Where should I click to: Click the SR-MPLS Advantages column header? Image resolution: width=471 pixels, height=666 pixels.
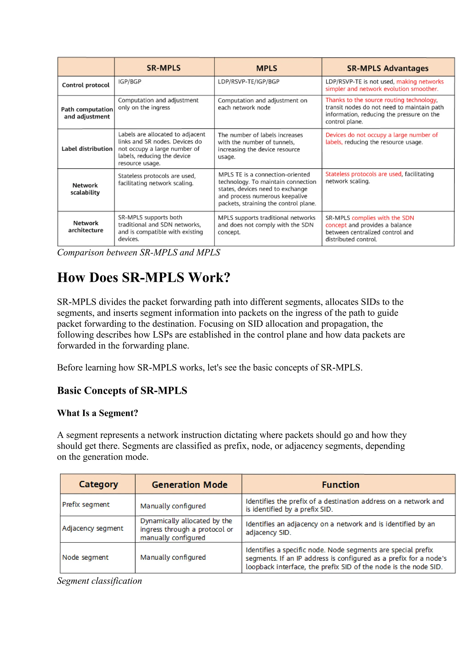(x=388, y=68)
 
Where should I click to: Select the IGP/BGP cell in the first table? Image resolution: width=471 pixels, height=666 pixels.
(x=130, y=82)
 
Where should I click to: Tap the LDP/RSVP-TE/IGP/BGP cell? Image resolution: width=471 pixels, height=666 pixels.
(x=249, y=82)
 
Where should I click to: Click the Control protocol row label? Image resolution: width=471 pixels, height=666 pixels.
(x=86, y=85)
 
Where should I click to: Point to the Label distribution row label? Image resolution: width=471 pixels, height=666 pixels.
(x=87, y=149)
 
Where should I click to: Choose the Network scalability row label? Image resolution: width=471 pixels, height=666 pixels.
(x=85, y=189)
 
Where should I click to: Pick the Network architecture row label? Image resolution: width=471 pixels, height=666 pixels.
(x=86, y=227)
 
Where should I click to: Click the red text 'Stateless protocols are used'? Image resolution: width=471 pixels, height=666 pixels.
(x=363, y=174)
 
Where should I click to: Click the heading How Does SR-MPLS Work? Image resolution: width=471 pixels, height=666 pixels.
(x=144, y=278)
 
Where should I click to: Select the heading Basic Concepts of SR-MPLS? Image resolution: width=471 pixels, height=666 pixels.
(x=122, y=391)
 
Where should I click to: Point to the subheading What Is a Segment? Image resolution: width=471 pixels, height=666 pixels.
(x=98, y=413)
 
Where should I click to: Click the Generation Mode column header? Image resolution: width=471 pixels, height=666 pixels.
(x=189, y=485)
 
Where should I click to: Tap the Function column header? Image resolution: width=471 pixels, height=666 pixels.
(x=341, y=485)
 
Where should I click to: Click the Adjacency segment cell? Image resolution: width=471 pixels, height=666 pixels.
(x=92, y=528)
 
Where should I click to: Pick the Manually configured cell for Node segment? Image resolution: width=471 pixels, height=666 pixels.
(x=173, y=557)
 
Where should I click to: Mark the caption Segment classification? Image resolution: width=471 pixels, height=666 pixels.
(x=100, y=581)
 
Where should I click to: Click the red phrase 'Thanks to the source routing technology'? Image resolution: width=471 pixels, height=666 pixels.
(x=381, y=100)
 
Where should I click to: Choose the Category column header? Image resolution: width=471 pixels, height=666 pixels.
(x=98, y=484)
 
